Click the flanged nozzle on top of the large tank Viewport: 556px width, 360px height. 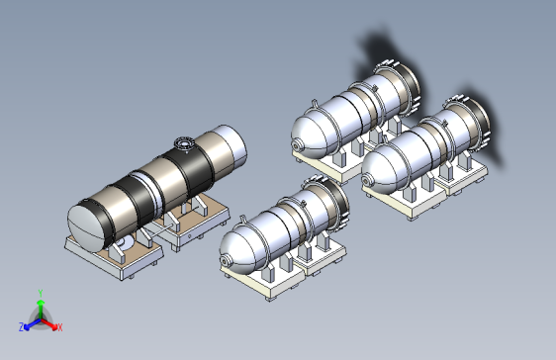(184, 143)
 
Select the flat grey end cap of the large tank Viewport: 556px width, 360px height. (86, 227)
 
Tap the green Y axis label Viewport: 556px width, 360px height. (41, 293)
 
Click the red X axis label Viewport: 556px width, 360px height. (59, 327)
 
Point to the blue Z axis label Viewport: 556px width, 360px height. (22, 327)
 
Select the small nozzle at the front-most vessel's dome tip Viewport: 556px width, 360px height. (225, 261)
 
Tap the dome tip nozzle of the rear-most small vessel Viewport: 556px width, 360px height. (297, 145)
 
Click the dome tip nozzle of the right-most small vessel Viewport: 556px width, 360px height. (367, 181)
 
